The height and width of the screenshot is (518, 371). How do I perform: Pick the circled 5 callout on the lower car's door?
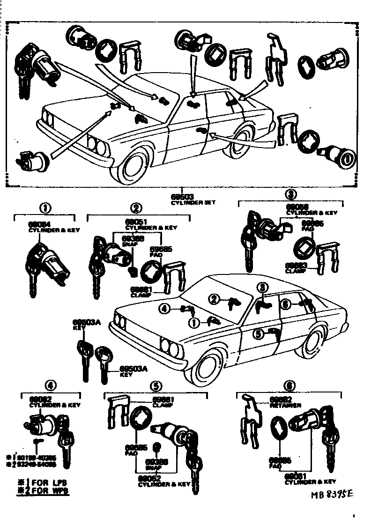click(x=258, y=334)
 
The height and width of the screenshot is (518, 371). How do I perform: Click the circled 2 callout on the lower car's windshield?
click(x=214, y=299)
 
